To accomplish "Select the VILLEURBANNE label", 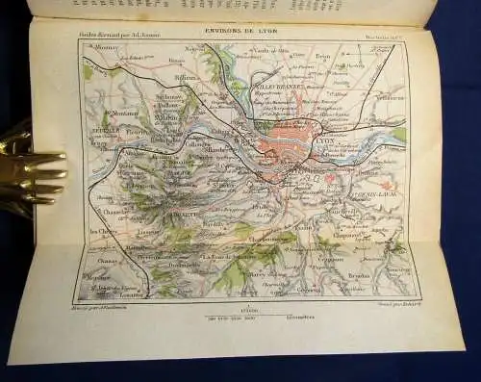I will (x=289, y=109).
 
